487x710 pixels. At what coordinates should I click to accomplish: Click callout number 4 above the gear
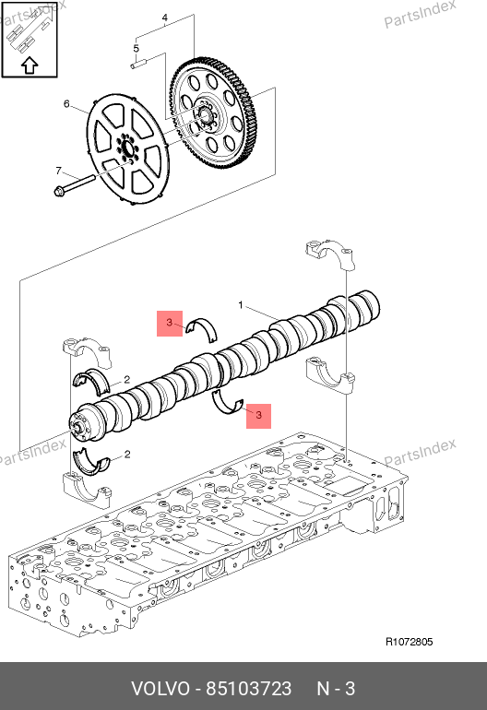(165, 18)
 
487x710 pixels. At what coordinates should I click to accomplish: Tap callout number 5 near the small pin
(136, 48)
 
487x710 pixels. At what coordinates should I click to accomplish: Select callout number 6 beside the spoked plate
(66, 104)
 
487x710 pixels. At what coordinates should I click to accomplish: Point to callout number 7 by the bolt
(58, 171)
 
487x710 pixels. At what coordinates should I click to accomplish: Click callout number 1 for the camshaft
(241, 305)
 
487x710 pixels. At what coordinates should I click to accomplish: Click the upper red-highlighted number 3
(170, 323)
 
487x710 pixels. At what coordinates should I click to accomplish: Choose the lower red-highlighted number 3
(258, 415)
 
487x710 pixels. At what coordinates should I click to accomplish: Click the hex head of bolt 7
(59, 192)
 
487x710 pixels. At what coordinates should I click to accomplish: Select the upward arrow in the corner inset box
(30, 65)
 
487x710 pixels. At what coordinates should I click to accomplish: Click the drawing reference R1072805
(410, 642)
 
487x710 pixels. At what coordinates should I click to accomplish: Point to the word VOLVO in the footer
(160, 689)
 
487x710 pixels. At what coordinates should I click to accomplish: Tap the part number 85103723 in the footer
(249, 689)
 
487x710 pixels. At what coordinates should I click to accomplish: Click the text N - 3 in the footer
(336, 689)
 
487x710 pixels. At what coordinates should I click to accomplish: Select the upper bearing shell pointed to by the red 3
(202, 326)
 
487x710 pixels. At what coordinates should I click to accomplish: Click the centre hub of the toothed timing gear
(205, 114)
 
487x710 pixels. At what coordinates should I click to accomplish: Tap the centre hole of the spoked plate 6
(127, 149)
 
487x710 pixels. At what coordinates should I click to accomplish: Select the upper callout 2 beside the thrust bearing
(127, 380)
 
